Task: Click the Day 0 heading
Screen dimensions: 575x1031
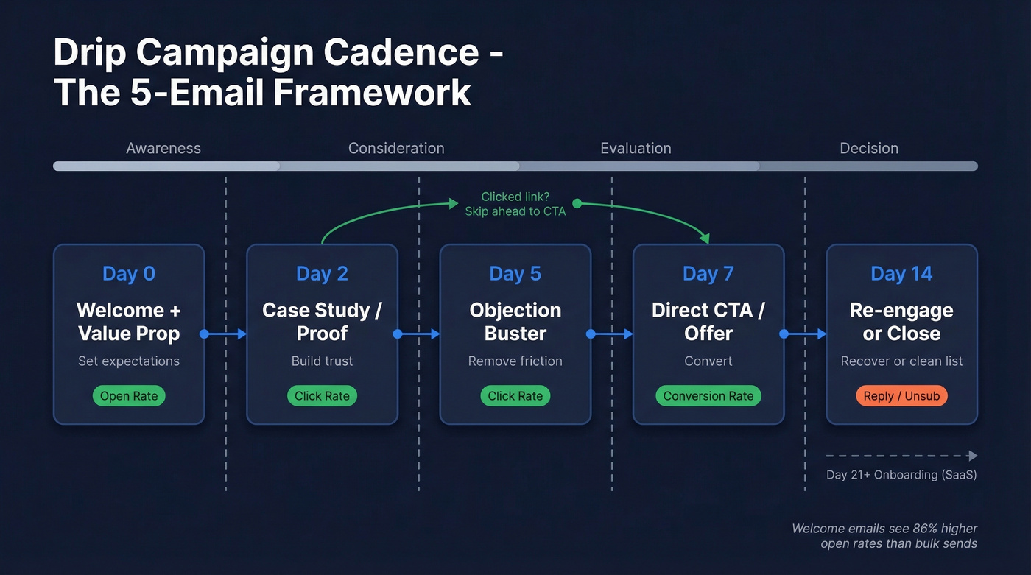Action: (x=129, y=274)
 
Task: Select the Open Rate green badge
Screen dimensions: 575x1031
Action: (x=129, y=396)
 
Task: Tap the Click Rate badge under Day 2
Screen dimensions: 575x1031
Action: (x=322, y=396)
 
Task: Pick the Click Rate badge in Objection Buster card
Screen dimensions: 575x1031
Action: (x=515, y=396)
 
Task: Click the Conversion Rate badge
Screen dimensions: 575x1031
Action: (x=708, y=396)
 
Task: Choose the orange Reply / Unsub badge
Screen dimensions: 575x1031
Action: (x=901, y=396)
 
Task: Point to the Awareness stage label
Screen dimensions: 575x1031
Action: (x=163, y=148)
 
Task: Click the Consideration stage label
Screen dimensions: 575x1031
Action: (x=396, y=148)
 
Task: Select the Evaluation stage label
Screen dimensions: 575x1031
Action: (x=636, y=148)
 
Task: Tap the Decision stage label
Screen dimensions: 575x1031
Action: (x=869, y=148)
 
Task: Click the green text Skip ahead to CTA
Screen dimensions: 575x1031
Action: (x=515, y=211)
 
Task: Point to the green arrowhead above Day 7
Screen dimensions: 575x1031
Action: (x=705, y=239)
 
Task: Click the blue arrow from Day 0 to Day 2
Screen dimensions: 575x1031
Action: (x=225, y=334)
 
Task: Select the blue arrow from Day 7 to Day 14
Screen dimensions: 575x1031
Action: (x=805, y=334)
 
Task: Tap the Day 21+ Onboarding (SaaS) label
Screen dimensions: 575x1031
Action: (x=901, y=475)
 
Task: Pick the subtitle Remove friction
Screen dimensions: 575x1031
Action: (x=515, y=361)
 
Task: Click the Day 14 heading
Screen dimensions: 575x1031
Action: (x=901, y=274)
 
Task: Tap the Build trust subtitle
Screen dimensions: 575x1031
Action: (x=322, y=361)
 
